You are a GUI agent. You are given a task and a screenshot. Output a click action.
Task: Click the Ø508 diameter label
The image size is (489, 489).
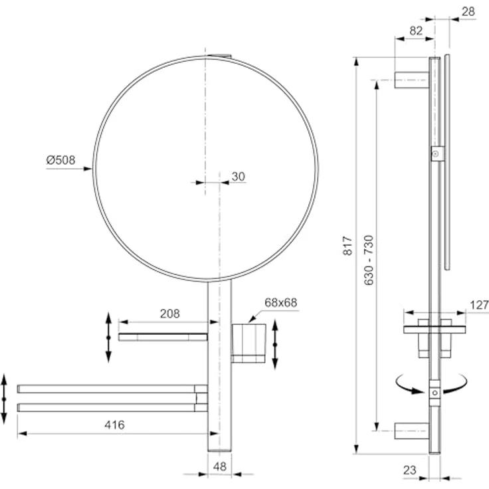click(x=61, y=160)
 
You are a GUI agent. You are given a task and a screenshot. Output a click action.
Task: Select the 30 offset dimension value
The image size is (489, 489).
click(x=239, y=177)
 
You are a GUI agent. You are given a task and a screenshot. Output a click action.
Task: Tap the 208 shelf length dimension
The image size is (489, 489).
click(x=170, y=314)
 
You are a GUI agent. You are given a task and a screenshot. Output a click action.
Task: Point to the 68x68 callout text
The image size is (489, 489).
click(x=280, y=302)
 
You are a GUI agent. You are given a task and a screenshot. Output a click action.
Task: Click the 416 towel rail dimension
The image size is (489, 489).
click(x=114, y=425)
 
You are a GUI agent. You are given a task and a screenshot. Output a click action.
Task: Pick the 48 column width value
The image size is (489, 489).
click(x=220, y=466)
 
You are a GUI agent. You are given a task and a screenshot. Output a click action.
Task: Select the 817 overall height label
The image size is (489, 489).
click(x=347, y=246)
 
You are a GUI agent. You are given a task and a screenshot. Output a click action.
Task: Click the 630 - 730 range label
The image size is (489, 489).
click(x=369, y=260)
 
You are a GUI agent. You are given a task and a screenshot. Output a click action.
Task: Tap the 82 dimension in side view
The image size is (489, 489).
click(x=416, y=31)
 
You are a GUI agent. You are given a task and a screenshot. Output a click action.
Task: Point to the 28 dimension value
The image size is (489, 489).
click(x=468, y=11)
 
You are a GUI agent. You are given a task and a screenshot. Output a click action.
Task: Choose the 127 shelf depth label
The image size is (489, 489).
click(x=479, y=305)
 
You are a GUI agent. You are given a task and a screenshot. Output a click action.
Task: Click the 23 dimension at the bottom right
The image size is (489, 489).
click(x=410, y=470)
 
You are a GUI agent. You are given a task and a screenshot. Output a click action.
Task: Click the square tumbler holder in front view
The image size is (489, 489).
click(x=248, y=343)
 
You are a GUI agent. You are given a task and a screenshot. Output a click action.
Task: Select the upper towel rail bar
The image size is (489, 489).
click(x=112, y=389)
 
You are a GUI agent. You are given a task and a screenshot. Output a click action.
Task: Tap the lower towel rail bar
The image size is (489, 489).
click(x=112, y=407)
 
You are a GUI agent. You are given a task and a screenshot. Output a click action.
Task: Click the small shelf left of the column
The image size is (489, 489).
click(x=163, y=337)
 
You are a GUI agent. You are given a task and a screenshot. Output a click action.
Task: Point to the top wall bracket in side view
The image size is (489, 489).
click(x=412, y=80)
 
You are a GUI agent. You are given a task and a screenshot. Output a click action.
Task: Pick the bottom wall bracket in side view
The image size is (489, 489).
click(x=412, y=431)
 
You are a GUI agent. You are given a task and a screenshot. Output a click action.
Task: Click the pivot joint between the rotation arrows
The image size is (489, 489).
click(x=435, y=393)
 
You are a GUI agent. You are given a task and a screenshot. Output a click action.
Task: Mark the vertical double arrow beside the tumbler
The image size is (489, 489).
click(x=275, y=344)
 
